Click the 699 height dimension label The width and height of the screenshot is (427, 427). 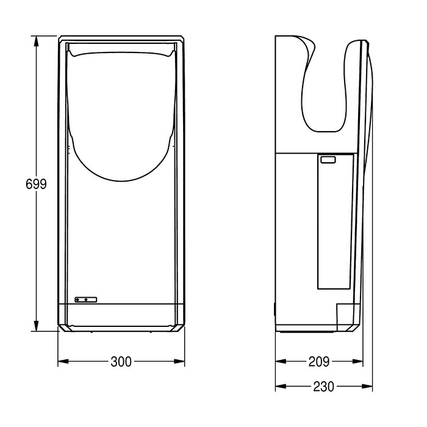36,184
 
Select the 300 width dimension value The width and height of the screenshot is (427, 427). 121,362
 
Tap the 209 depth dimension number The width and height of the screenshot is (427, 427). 319,362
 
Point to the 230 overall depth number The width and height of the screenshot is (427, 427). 323,386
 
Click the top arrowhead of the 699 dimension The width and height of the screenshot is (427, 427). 36,41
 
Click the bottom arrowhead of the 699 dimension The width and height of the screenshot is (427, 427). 36,326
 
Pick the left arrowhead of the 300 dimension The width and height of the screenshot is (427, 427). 63,361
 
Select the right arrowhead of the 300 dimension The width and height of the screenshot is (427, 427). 179,361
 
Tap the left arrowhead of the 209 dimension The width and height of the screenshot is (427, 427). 281,361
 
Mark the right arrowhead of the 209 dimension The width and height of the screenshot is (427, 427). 357,361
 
